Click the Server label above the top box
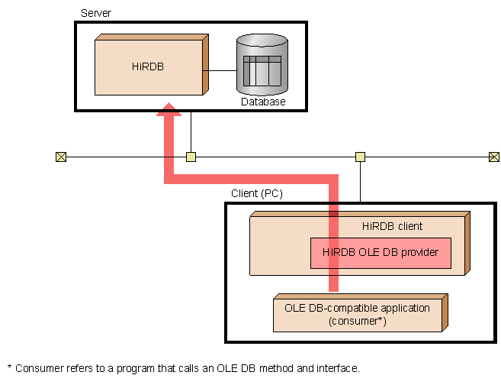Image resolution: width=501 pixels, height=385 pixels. click(x=96, y=13)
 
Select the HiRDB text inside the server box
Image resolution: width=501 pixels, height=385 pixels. click(x=148, y=66)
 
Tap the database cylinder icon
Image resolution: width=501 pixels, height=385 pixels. click(x=262, y=64)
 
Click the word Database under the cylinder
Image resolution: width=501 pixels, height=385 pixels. click(x=263, y=102)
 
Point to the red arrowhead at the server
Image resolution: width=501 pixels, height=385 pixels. click(x=169, y=109)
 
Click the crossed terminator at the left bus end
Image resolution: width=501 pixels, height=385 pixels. click(x=61, y=157)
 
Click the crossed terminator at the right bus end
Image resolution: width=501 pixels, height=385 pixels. click(x=494, y=157)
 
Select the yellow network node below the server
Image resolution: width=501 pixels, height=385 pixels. click(x=191, y=157)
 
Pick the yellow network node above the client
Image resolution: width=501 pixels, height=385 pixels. click(x=361, y=157)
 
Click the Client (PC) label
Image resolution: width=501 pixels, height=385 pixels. click(x=257, y=193)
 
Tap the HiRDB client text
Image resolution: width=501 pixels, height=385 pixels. click(x=392, y=226)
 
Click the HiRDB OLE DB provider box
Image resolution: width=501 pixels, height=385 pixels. click(x=381, y=253)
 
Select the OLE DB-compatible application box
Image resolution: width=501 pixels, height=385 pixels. click(x=361, y=313)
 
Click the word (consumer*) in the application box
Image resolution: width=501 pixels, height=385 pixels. click(x=358, y=321)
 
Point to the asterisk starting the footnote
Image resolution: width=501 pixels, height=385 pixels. click(x=9, y=367)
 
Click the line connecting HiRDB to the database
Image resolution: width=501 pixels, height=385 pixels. click(x=220, y=70)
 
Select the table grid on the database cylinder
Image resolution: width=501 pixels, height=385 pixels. click(x=262, y=71)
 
